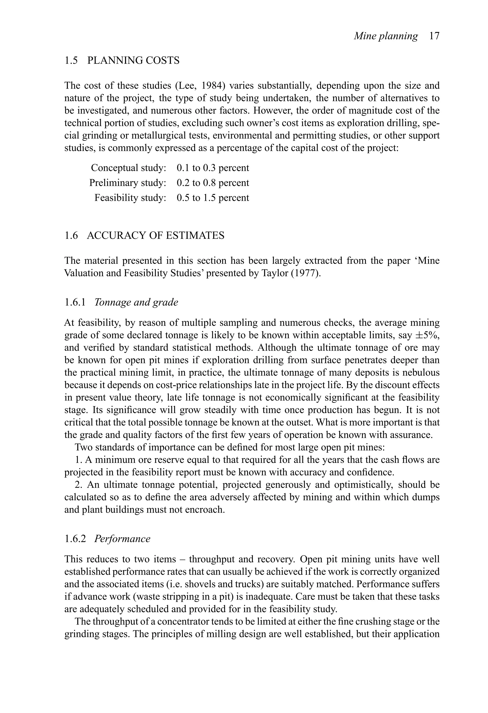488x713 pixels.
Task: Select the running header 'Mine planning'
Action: tap(386, 36)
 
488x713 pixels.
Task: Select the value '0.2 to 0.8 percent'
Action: tap(213, 183)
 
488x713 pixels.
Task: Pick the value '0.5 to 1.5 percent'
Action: tap(213, 198)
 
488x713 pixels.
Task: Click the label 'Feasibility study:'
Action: tap(130, 198)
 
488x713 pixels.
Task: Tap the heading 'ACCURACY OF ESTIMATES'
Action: tap(156, 235)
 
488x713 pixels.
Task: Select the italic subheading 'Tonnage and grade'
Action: tap(136, 302)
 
